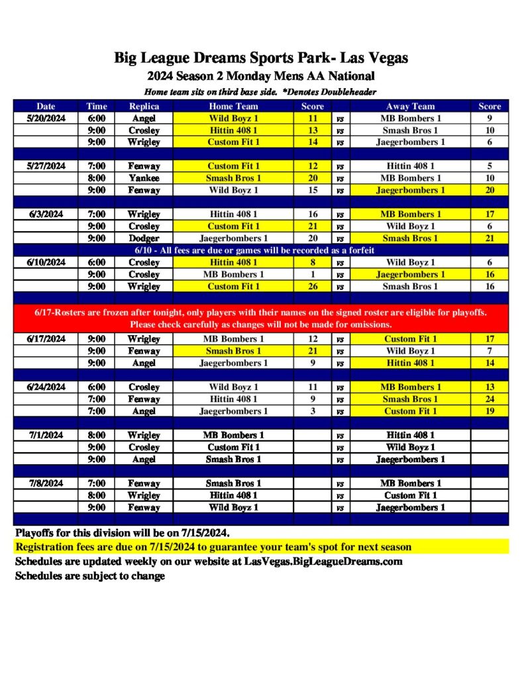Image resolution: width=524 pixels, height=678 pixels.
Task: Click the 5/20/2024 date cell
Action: tap(46, 118)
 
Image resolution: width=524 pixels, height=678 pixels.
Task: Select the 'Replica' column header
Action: tap(144, 106)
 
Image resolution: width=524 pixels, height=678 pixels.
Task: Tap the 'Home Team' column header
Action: tap(233, 106)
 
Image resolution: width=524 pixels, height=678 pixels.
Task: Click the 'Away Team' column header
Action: tap(410, 106)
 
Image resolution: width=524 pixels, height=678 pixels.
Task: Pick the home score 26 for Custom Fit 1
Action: tap(313, 287)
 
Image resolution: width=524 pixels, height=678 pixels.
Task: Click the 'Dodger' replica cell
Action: tap(144, 238)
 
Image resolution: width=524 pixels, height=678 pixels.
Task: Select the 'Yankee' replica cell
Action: tap(144, 178)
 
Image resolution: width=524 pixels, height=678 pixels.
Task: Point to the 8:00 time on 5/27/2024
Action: tap(97, 178)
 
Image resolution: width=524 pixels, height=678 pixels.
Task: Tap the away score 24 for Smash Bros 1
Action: tap(490, 399)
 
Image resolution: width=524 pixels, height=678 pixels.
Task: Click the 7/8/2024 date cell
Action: tap(46, 483)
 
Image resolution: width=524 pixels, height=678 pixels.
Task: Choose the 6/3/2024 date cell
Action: tap(46, 215)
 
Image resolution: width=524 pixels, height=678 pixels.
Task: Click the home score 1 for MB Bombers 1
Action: tap(313, 275)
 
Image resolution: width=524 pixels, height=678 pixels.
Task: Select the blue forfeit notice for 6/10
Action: tap(260, 250)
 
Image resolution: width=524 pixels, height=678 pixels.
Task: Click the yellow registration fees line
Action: tap(213, 547)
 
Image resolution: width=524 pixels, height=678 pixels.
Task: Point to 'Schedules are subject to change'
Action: tap(90, 576)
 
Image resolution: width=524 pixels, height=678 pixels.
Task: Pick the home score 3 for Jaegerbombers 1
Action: tap(313, 411)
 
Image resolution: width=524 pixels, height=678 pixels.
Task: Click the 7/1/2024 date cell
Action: tap(46, 435)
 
